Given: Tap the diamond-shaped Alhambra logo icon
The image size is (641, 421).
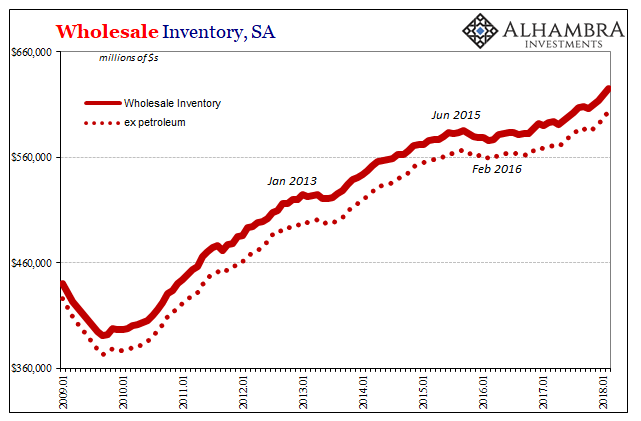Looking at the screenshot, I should (480, 33).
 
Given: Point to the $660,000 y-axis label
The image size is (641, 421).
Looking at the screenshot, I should (29, 52).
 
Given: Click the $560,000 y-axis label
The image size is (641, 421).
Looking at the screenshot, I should (29, 157).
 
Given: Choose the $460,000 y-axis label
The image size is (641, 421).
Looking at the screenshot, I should (29, 262).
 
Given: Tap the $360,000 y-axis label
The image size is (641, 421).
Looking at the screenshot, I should (29, 367).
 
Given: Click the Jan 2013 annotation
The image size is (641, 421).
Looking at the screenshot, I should (292, 181).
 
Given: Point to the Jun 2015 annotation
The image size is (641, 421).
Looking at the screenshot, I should (455, 114).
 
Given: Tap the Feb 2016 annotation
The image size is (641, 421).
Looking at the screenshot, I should (497, 169).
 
